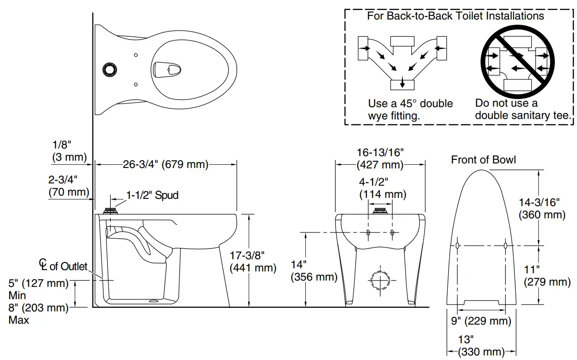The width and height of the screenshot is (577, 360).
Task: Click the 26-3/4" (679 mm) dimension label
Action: click(165, 165)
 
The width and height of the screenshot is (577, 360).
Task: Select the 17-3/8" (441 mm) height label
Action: click(253, 261)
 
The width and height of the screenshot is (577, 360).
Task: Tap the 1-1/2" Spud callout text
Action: click(152, 196)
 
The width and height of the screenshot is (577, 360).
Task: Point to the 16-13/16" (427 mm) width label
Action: click(380, 158)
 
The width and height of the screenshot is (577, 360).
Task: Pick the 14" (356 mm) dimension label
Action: click(313, 271)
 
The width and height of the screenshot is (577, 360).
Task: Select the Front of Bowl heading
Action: click(483, 160)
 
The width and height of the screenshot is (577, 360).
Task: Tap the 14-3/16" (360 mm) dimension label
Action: click(542, 208)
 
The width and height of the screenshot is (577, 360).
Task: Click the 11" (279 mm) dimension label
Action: click(547, 276)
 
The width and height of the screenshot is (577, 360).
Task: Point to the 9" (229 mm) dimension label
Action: click(481, 321)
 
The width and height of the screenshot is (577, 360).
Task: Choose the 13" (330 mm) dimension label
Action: click(481, 345)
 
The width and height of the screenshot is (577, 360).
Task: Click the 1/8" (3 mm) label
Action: click(69, 151)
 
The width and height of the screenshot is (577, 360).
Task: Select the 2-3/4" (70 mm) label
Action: click(69, 186)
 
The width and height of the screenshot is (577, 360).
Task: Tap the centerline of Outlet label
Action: click(63, 265)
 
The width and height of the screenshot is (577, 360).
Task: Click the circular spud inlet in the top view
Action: click(109, 69)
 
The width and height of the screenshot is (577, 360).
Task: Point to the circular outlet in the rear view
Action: click(380, 281)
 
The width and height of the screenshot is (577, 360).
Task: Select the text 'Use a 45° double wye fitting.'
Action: click(410, 109)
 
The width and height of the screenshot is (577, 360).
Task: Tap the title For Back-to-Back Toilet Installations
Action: click(455, 16)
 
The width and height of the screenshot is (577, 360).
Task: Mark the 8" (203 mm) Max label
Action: click(38, 314)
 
